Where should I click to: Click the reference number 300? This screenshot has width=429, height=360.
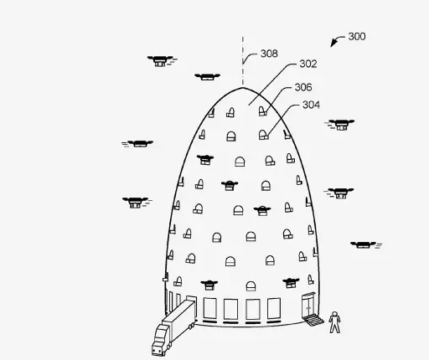[x=357, y=37]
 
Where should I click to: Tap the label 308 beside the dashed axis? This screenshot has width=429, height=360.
[x=269, y=54]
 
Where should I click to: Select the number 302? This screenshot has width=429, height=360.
[x=308, y=64]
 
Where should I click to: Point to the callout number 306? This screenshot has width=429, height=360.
[x=303, y=87]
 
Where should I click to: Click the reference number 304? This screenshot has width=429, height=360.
[x=311, y=105]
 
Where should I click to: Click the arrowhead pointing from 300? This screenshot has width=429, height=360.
[x=333, y=44]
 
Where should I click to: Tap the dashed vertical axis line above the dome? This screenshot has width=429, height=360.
[x=243, y=60]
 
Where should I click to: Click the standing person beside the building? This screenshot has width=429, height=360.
[x=334, y=322]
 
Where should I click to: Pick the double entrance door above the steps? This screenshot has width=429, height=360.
[x=308, y=304]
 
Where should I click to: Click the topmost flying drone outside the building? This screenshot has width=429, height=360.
[x=161, y=61]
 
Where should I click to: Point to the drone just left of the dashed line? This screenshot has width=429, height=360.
[x=207, y=77]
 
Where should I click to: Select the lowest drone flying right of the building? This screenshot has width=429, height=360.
[x=364, y=245]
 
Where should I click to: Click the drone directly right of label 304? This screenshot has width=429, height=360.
[x=340, y=125]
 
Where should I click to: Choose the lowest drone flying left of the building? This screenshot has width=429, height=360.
[x=137, y=203]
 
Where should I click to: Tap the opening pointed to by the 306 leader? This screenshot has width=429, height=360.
[x=262, y=111]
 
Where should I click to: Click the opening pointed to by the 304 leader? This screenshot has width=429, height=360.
[x=263, y=135]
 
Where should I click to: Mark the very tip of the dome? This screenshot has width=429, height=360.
[x=242, y=88]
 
